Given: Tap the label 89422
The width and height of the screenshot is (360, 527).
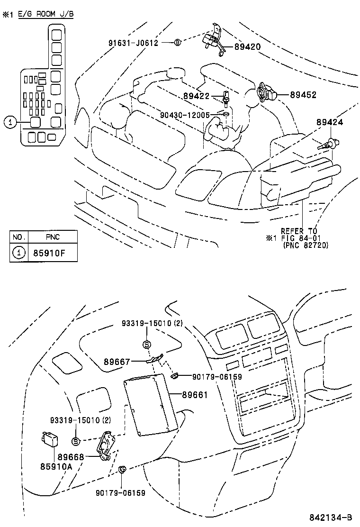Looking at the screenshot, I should tap(196, 96).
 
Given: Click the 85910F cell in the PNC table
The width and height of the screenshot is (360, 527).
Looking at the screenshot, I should tap(48, 253).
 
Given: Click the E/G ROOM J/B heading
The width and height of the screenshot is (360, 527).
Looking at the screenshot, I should tap(46, 14).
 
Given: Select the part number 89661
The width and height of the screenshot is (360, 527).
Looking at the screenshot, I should tap(195, 394).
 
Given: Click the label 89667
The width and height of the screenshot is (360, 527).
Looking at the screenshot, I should tap(117, 362).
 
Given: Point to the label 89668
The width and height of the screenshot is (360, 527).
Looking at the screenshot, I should tap(71, 457).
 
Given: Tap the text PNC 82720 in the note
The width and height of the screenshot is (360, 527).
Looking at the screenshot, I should tap(305, 245).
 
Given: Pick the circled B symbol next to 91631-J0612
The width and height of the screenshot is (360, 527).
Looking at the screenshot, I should tap(178, 42).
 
